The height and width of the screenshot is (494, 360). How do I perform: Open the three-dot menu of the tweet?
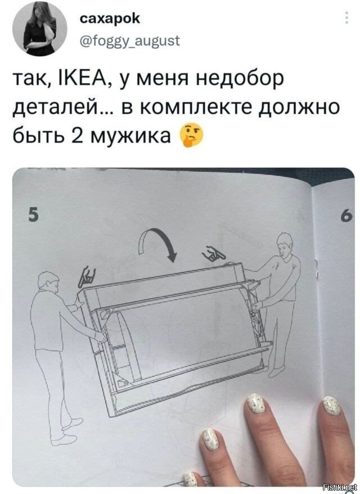(x=344, y=23)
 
